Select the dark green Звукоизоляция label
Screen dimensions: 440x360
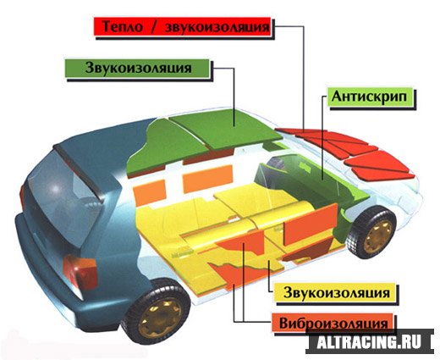point(137,68)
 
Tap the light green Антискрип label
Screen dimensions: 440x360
point(369,97)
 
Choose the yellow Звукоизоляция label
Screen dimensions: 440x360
point(337,292)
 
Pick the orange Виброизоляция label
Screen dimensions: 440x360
point(333,323)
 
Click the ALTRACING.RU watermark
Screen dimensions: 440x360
point(369,341)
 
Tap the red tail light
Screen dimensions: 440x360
point(80,272)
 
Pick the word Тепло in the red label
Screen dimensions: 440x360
point(123,26)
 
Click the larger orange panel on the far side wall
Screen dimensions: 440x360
point(208,179)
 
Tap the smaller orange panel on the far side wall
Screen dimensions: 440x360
point(150,192)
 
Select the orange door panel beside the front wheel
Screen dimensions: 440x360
point(311,224)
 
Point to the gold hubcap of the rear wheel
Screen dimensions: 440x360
point(160,318)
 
